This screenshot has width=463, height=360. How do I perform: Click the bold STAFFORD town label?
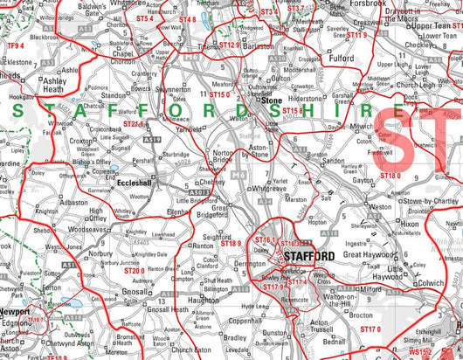[308, 255]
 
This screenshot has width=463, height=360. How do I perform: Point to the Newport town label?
[15, 311]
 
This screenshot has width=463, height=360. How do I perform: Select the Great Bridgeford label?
[212, 212]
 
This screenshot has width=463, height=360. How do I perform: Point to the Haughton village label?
[204, 299]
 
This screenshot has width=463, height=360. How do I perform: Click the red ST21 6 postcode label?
[134, 124]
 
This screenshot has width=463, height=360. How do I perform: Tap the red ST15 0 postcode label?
[218, 93]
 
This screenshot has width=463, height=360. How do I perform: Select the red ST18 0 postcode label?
[390, 175]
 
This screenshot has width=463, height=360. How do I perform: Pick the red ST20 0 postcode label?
[134, 271]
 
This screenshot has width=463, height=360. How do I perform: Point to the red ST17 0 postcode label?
[372, 329]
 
